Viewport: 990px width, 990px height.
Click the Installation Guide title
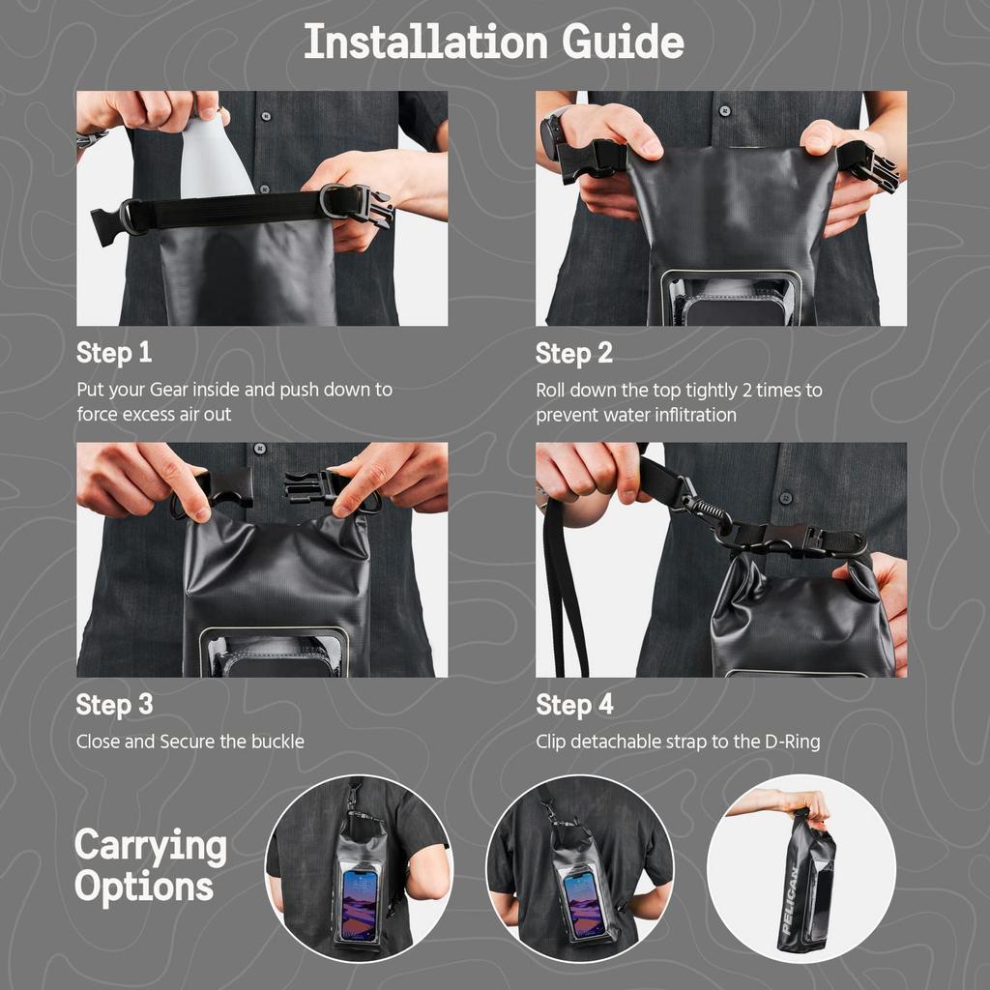point(494,43)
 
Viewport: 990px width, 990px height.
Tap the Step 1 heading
point(114,353)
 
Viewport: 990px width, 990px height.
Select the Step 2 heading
point(574,354)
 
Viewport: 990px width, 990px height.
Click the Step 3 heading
point(114,705)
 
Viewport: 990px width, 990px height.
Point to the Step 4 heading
point(574,705)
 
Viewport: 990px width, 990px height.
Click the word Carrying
point(151,846)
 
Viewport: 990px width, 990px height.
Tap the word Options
point(144,887)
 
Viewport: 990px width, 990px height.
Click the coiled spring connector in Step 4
point(703,507)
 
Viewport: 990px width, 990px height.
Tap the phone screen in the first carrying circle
point(359,903)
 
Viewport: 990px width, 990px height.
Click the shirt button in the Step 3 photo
point(259,450)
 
